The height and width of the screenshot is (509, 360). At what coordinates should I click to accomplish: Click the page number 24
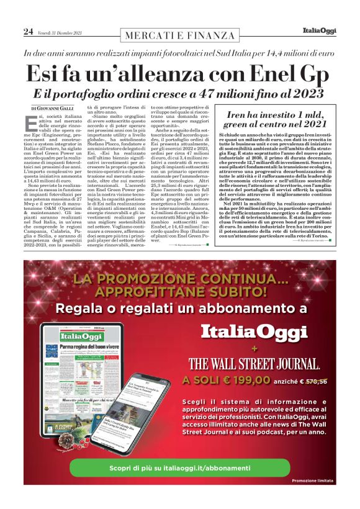pos(28,30)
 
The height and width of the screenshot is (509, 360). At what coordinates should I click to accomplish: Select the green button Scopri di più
pos(179,466)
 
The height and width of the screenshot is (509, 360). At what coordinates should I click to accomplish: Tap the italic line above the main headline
pos(179,53)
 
